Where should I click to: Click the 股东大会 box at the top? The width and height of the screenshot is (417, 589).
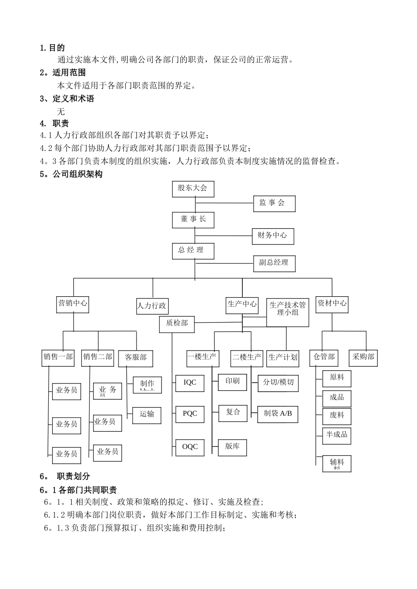[193, 188]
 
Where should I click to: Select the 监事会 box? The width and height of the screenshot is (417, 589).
[274, 203]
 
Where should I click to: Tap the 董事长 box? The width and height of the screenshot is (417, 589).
[193, 219]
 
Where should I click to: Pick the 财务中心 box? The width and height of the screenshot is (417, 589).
[272, 236]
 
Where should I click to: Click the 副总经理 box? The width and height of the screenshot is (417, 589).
[274, 263]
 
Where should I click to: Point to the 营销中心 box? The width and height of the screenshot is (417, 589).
[72, 303]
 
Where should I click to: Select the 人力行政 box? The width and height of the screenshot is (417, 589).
[152, 306]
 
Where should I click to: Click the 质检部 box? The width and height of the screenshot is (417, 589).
[177, 323]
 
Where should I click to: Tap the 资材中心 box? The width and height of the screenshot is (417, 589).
[332, 303]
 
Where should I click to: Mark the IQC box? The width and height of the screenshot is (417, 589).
[190, 383]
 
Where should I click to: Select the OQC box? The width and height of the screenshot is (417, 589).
[190, 447]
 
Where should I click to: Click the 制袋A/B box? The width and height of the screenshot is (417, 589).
[277, 413]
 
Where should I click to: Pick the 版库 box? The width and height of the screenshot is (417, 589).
[232, 447]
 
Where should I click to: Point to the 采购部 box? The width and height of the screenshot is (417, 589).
[363, 357]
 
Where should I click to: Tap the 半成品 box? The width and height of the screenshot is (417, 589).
[337, 435]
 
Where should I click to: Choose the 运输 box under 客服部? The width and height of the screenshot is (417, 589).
[147, 414]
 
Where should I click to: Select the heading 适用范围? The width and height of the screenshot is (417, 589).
[69, 73]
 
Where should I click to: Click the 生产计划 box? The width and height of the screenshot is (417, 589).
[283, 357]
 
